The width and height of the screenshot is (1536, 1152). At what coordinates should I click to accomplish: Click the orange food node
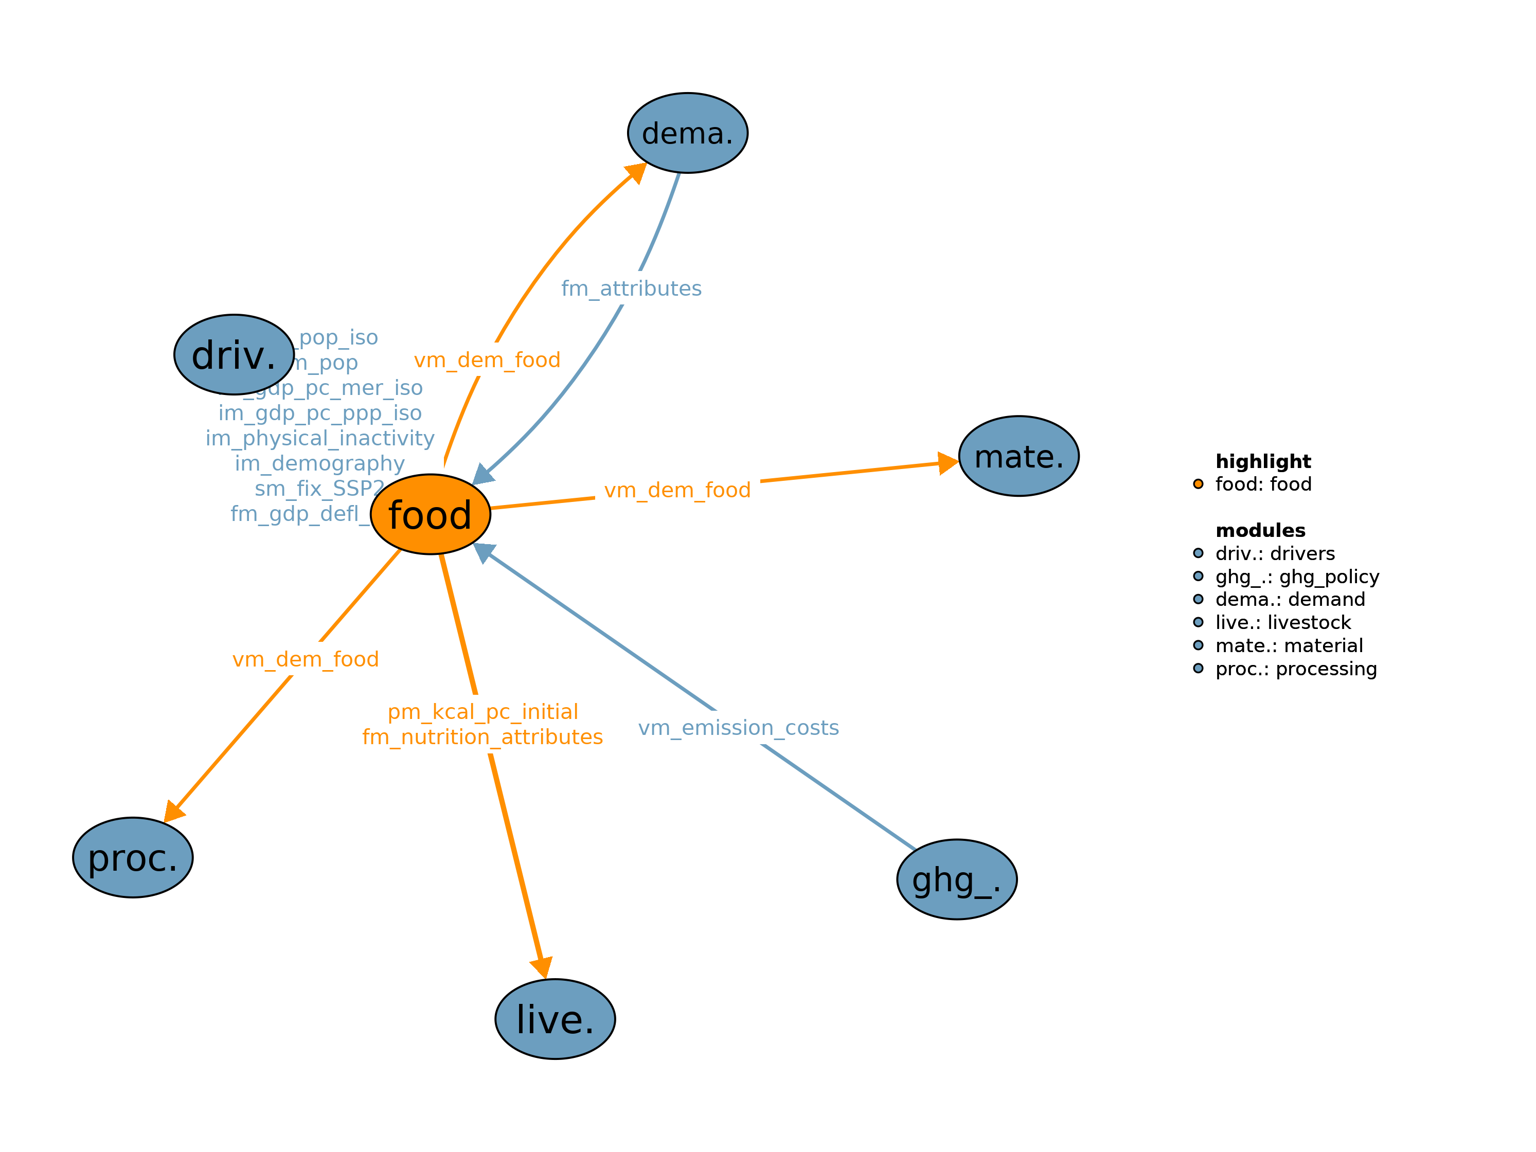431,515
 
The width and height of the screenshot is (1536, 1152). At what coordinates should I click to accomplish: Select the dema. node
687,133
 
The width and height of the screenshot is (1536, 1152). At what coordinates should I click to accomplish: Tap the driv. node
234,355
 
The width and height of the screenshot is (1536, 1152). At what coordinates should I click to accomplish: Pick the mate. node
1019,456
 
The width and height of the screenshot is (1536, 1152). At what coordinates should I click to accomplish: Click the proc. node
133,858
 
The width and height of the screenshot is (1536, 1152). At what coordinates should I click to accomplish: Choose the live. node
555,1019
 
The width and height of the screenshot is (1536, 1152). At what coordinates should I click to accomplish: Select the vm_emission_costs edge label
738,728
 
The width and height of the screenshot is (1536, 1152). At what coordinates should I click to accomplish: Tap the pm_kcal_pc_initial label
483,712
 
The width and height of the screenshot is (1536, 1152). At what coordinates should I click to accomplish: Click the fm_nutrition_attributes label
483,737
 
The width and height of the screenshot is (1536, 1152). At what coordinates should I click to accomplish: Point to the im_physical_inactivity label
320,438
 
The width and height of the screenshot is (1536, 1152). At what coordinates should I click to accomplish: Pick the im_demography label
319,463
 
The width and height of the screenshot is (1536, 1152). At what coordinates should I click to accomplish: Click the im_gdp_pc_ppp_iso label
320,413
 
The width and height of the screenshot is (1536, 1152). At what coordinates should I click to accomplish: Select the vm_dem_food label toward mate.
677,490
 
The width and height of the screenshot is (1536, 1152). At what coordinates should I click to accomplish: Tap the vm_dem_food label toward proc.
306,659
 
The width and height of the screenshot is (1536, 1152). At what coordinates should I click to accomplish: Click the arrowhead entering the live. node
542,966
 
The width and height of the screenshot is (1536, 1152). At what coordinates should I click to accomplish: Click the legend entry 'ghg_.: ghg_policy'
1296,577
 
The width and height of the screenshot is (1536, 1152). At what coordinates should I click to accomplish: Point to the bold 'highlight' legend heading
1263,461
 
